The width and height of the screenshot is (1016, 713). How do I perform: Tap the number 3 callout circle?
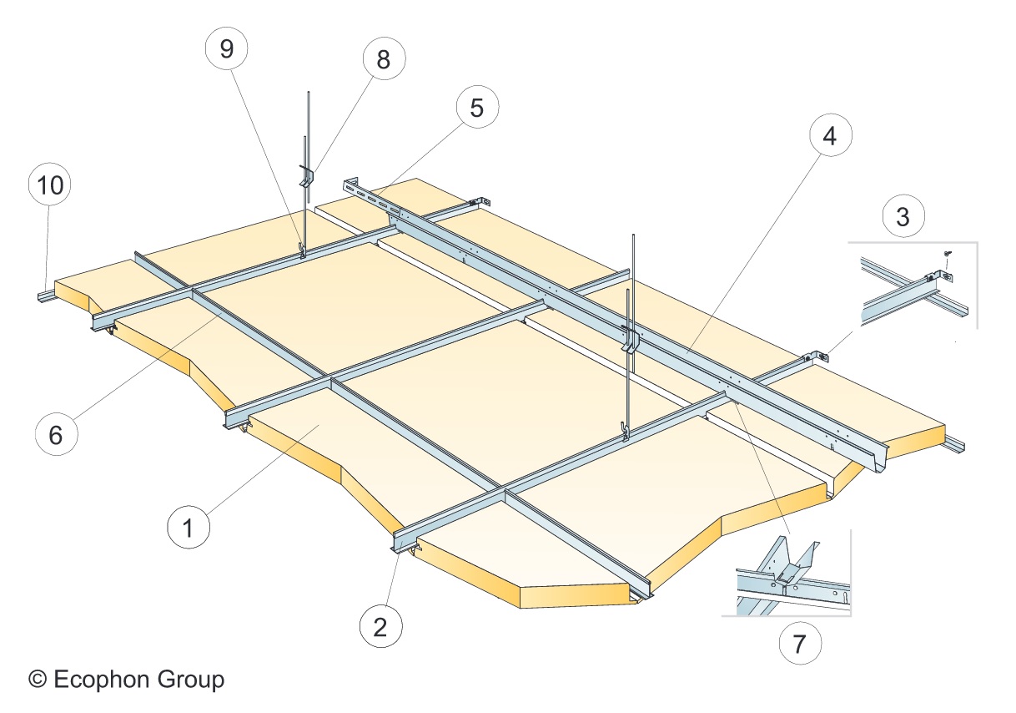pos(903,215)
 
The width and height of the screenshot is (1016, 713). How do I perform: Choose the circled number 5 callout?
pos(476,108)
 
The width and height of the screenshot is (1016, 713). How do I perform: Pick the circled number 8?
pos(383,59)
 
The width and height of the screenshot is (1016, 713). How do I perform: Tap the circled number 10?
pos(50,185)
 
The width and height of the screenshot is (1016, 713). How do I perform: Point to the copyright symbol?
pos(37,679)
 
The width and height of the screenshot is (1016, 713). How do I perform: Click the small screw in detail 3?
pos(948,253)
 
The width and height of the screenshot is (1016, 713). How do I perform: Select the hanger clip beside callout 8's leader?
pos(305,177)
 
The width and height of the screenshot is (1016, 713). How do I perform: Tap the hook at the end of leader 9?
pos(301,250)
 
